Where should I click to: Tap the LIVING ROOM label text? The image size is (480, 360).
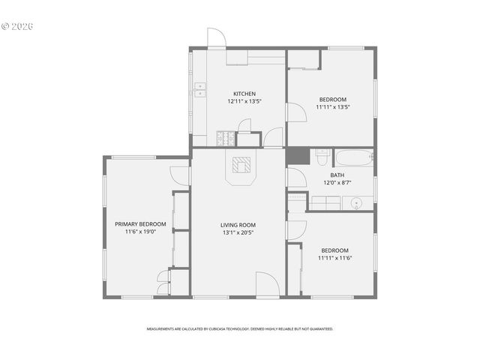click(238, 225)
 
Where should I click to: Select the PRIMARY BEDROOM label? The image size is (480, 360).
click(140, 224)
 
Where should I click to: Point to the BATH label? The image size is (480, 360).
click(327, 175)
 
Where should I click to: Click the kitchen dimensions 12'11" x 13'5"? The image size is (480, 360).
click(244, 101)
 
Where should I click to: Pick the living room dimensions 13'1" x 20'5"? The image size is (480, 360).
click(238, 232)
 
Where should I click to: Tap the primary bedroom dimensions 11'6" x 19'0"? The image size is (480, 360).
click(140, 232)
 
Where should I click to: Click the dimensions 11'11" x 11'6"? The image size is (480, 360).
click(334, 258)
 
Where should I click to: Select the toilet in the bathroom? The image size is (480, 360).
click(322, 157)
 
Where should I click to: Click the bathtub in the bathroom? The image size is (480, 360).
click(352, 157)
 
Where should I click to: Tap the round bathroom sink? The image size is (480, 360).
click(355, 202)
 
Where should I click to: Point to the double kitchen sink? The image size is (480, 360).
click(200, 91)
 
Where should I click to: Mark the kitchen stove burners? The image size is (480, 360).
click(224, 138)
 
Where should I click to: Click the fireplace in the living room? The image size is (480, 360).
click(241, 166)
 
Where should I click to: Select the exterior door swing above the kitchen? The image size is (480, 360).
click(216, 39)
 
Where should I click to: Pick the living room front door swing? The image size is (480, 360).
click(266, 283)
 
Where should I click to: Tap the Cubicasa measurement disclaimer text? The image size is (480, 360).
click(239, 328)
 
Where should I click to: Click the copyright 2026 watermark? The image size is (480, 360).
click(18, 26)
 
